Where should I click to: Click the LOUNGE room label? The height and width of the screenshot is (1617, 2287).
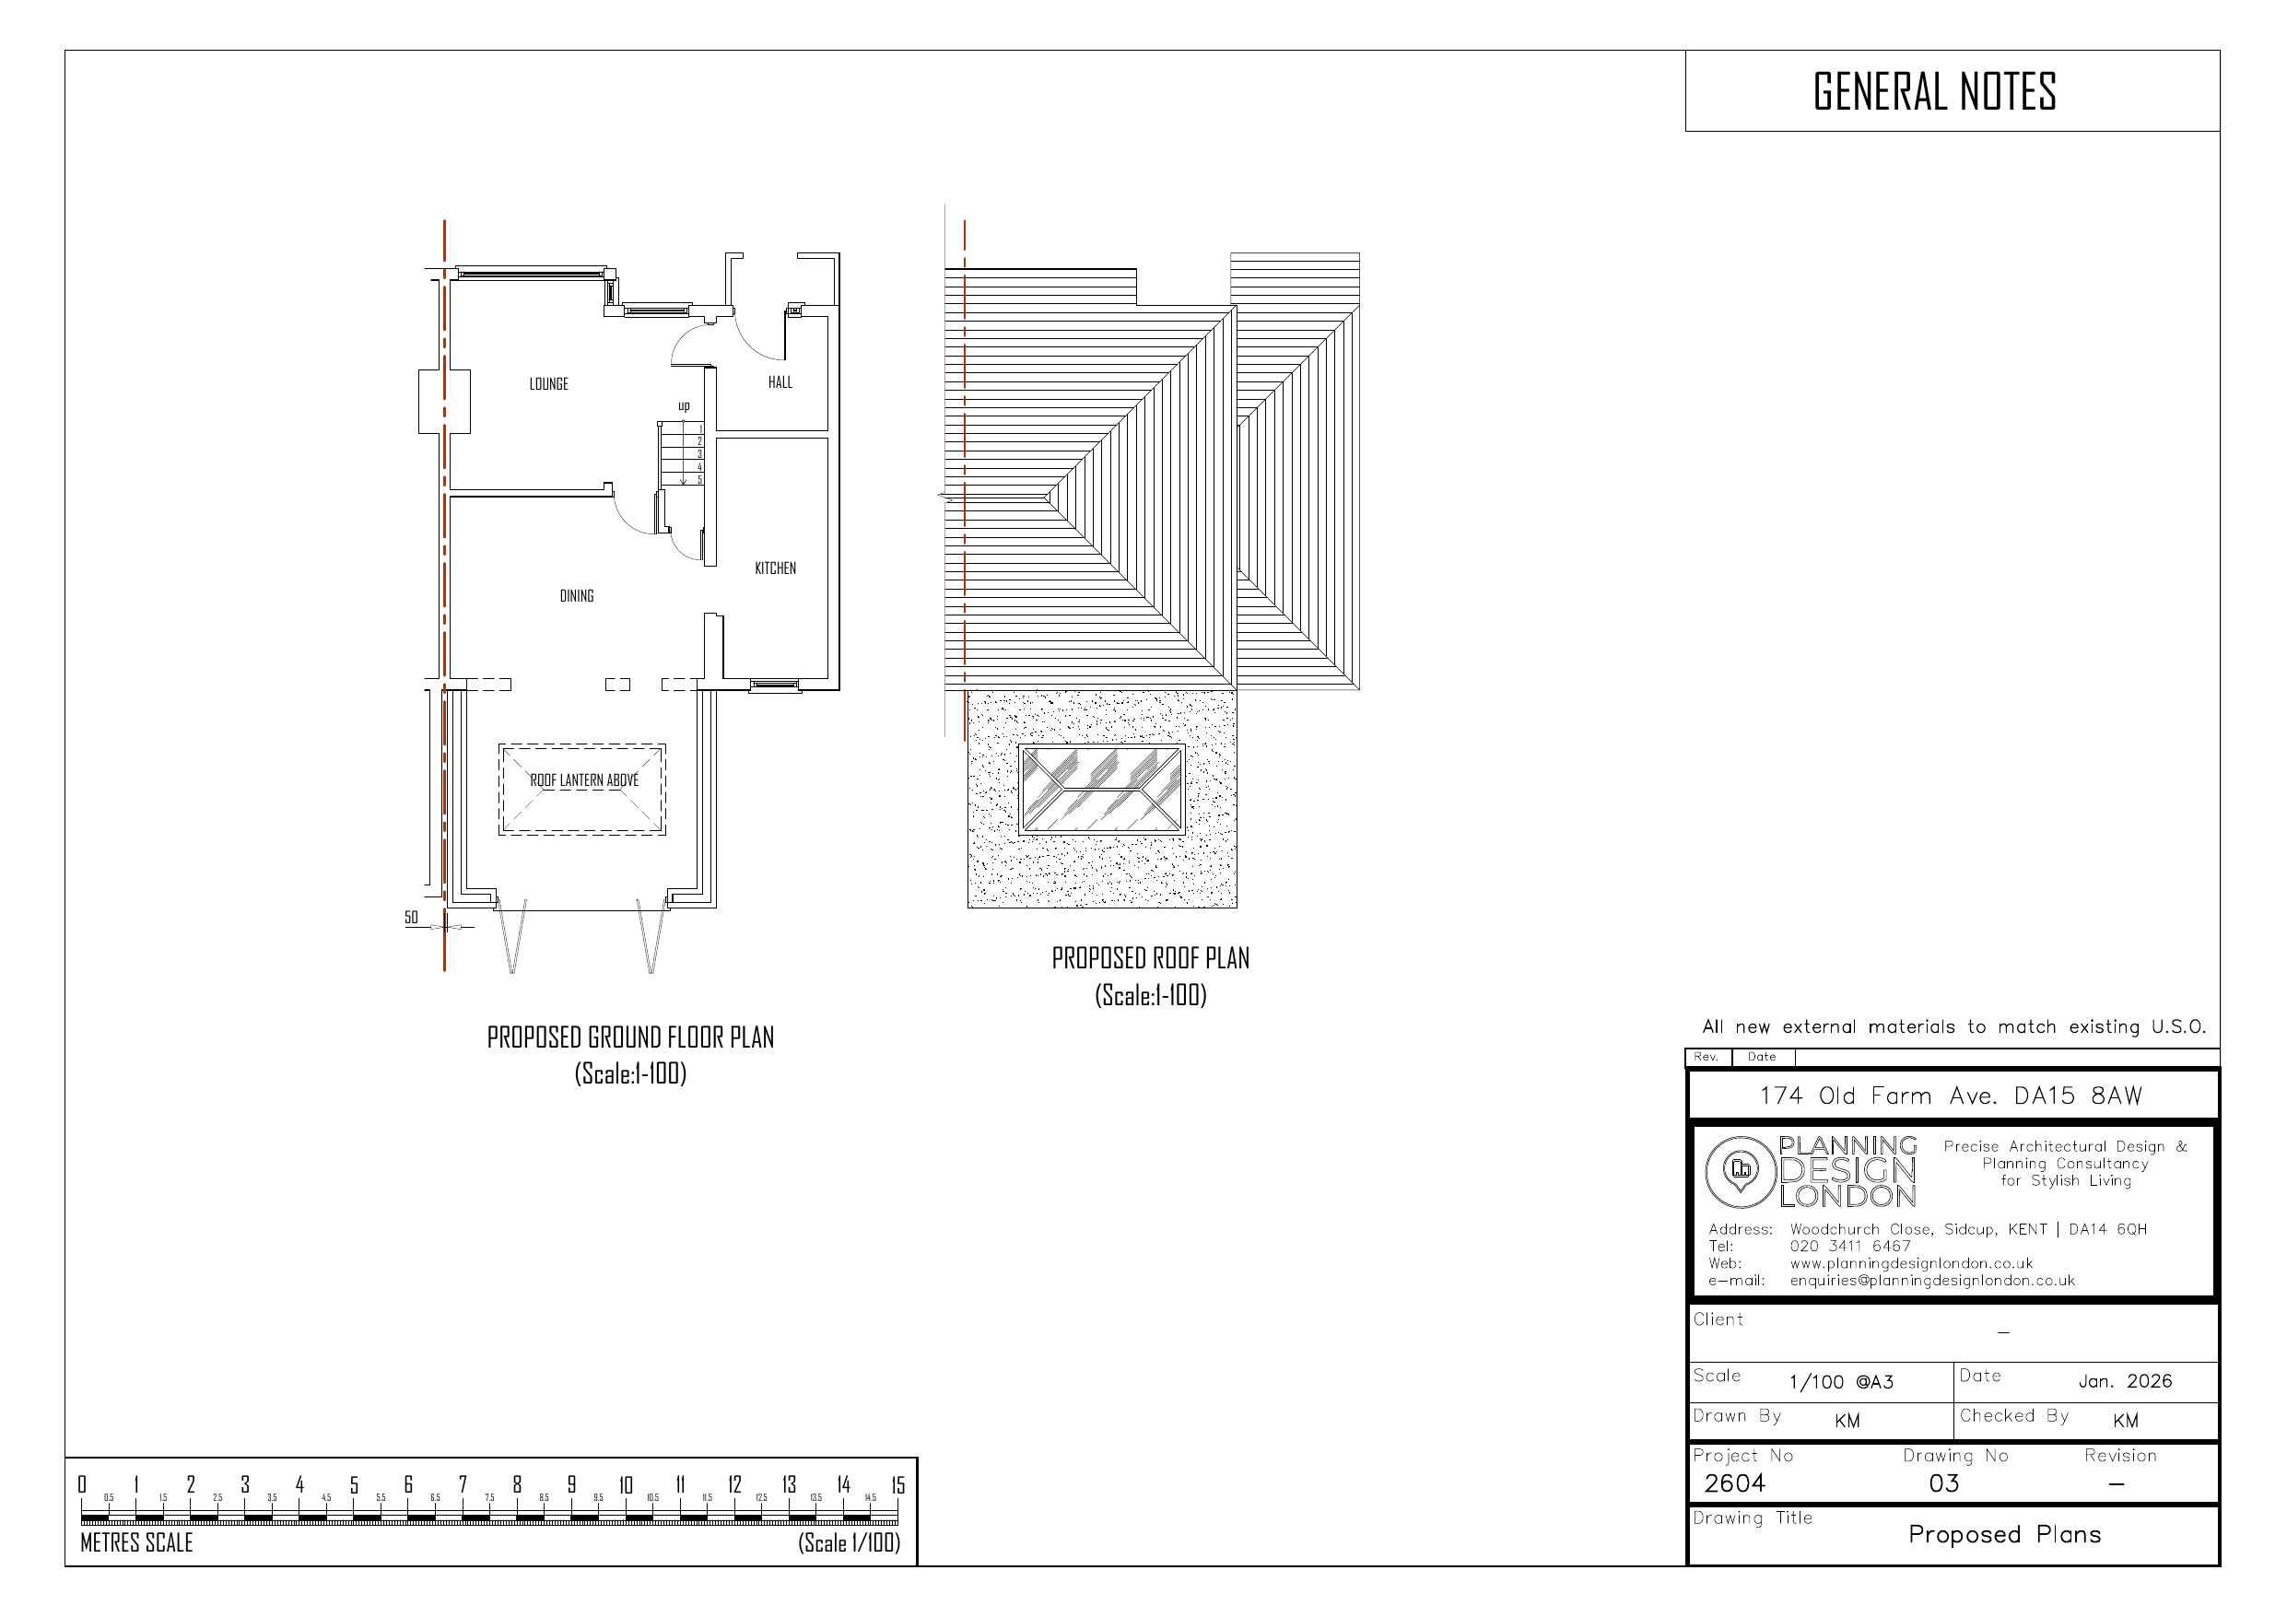[x=548, y=383]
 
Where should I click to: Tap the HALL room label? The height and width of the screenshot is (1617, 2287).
[x=780, y=381]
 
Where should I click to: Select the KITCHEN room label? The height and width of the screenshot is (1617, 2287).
[x=775, y=568]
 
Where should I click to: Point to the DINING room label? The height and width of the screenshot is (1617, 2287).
[x=576, y=596]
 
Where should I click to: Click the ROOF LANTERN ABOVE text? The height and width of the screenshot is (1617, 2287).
[x=583, y=780]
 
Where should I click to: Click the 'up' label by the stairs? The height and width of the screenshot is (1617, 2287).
[x=684, y=405]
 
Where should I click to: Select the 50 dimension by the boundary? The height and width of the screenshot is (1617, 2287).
[x=411, y=917]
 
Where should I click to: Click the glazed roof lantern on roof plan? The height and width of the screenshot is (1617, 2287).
[x=1102, y=789]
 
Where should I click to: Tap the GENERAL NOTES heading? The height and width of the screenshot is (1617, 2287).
[x=1933, y=91]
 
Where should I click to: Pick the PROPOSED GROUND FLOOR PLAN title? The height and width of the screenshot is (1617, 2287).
[x=629, y=1038]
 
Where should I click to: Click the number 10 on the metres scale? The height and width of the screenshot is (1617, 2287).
[x=626, y=1485]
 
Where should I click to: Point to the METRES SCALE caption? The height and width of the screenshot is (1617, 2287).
[x=136, y=1542]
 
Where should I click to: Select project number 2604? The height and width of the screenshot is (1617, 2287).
[x=1734, y=1483]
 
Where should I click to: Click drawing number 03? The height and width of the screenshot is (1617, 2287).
[x=1943, y=1483]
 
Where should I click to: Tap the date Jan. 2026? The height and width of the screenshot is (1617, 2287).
[x=2125, y=1381]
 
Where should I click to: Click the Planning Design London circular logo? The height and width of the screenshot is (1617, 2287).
[x=1741, y=1172]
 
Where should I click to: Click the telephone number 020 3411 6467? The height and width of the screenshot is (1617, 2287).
[x=1849, y=1247]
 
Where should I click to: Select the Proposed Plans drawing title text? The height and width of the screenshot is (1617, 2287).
[x=2004, y=1534]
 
